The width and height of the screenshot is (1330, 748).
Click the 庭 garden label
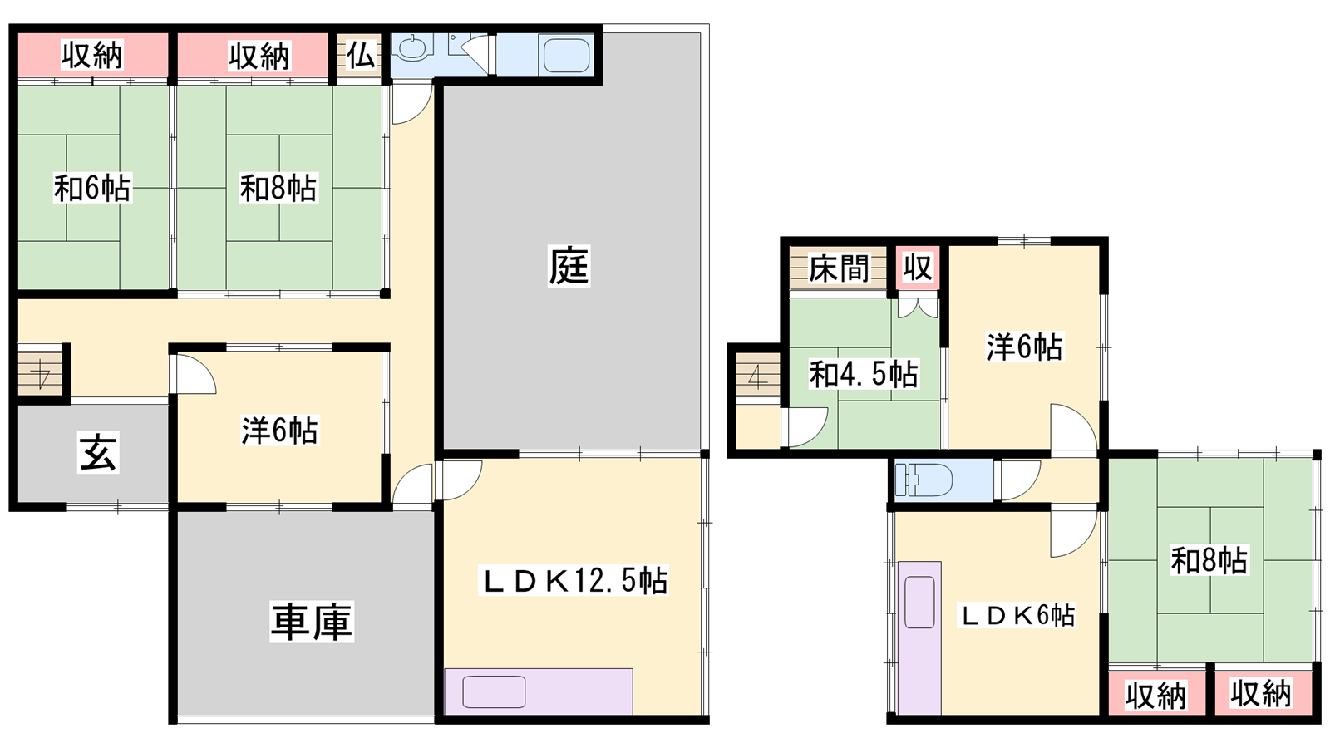569,266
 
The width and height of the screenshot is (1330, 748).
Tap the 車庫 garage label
312,622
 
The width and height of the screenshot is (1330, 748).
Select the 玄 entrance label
99,452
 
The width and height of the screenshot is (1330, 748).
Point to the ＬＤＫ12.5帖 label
574,581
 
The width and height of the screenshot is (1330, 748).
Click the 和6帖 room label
92,188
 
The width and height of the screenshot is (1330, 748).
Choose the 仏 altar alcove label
361,57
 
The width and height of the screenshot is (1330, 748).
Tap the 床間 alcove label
839,268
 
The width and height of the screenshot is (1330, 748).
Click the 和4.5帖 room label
864,374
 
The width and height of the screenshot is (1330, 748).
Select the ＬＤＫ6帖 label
1017,615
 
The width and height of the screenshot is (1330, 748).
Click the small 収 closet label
918,267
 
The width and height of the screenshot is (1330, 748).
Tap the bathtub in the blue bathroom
566,55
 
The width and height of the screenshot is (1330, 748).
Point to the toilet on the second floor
924,479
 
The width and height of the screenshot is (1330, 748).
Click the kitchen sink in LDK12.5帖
494,691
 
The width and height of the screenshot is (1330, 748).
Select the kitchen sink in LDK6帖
919,602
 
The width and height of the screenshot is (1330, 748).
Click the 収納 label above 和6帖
92,55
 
